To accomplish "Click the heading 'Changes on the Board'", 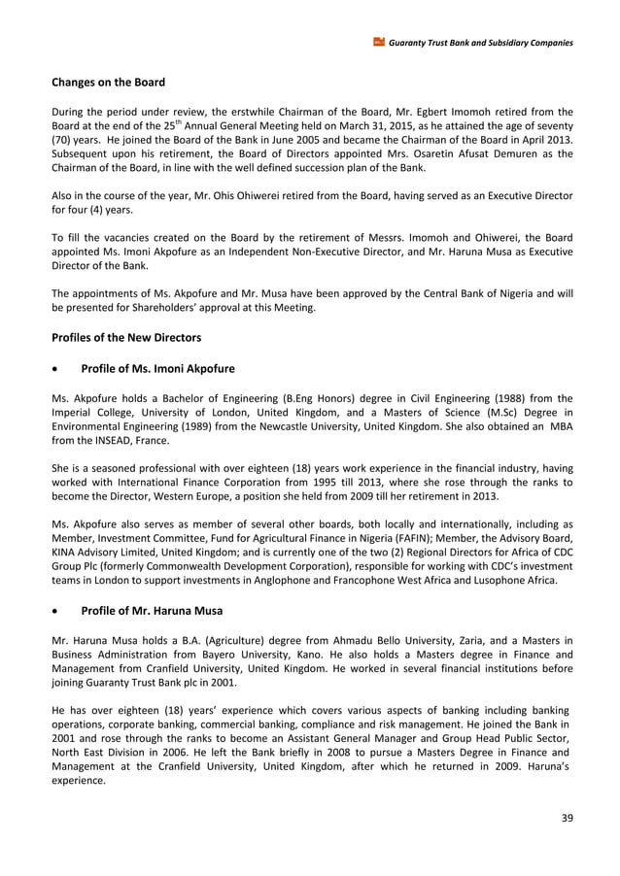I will point(108,83).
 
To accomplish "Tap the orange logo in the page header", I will point(379,42).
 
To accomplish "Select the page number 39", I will point(568,817).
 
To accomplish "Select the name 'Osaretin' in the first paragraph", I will point(425,152).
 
